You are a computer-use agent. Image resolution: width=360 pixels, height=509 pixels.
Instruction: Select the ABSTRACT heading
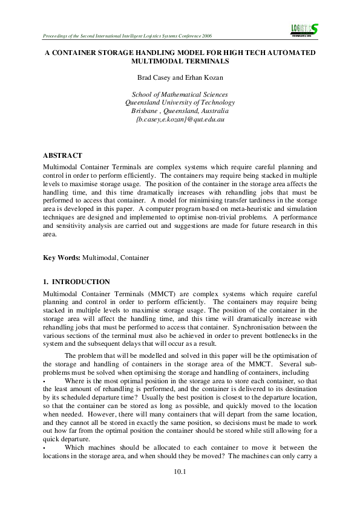62,155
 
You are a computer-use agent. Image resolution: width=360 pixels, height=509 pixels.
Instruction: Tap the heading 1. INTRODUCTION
76,282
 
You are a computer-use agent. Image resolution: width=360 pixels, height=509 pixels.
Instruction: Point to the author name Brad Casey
152,78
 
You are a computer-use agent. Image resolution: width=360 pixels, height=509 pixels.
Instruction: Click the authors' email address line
180,120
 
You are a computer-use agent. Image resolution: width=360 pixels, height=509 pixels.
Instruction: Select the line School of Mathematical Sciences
180,94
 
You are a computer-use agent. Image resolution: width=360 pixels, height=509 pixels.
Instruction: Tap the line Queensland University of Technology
180,103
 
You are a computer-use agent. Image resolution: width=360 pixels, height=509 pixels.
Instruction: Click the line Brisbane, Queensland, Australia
180,111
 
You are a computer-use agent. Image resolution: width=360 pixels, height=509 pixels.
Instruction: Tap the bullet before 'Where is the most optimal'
44,381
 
